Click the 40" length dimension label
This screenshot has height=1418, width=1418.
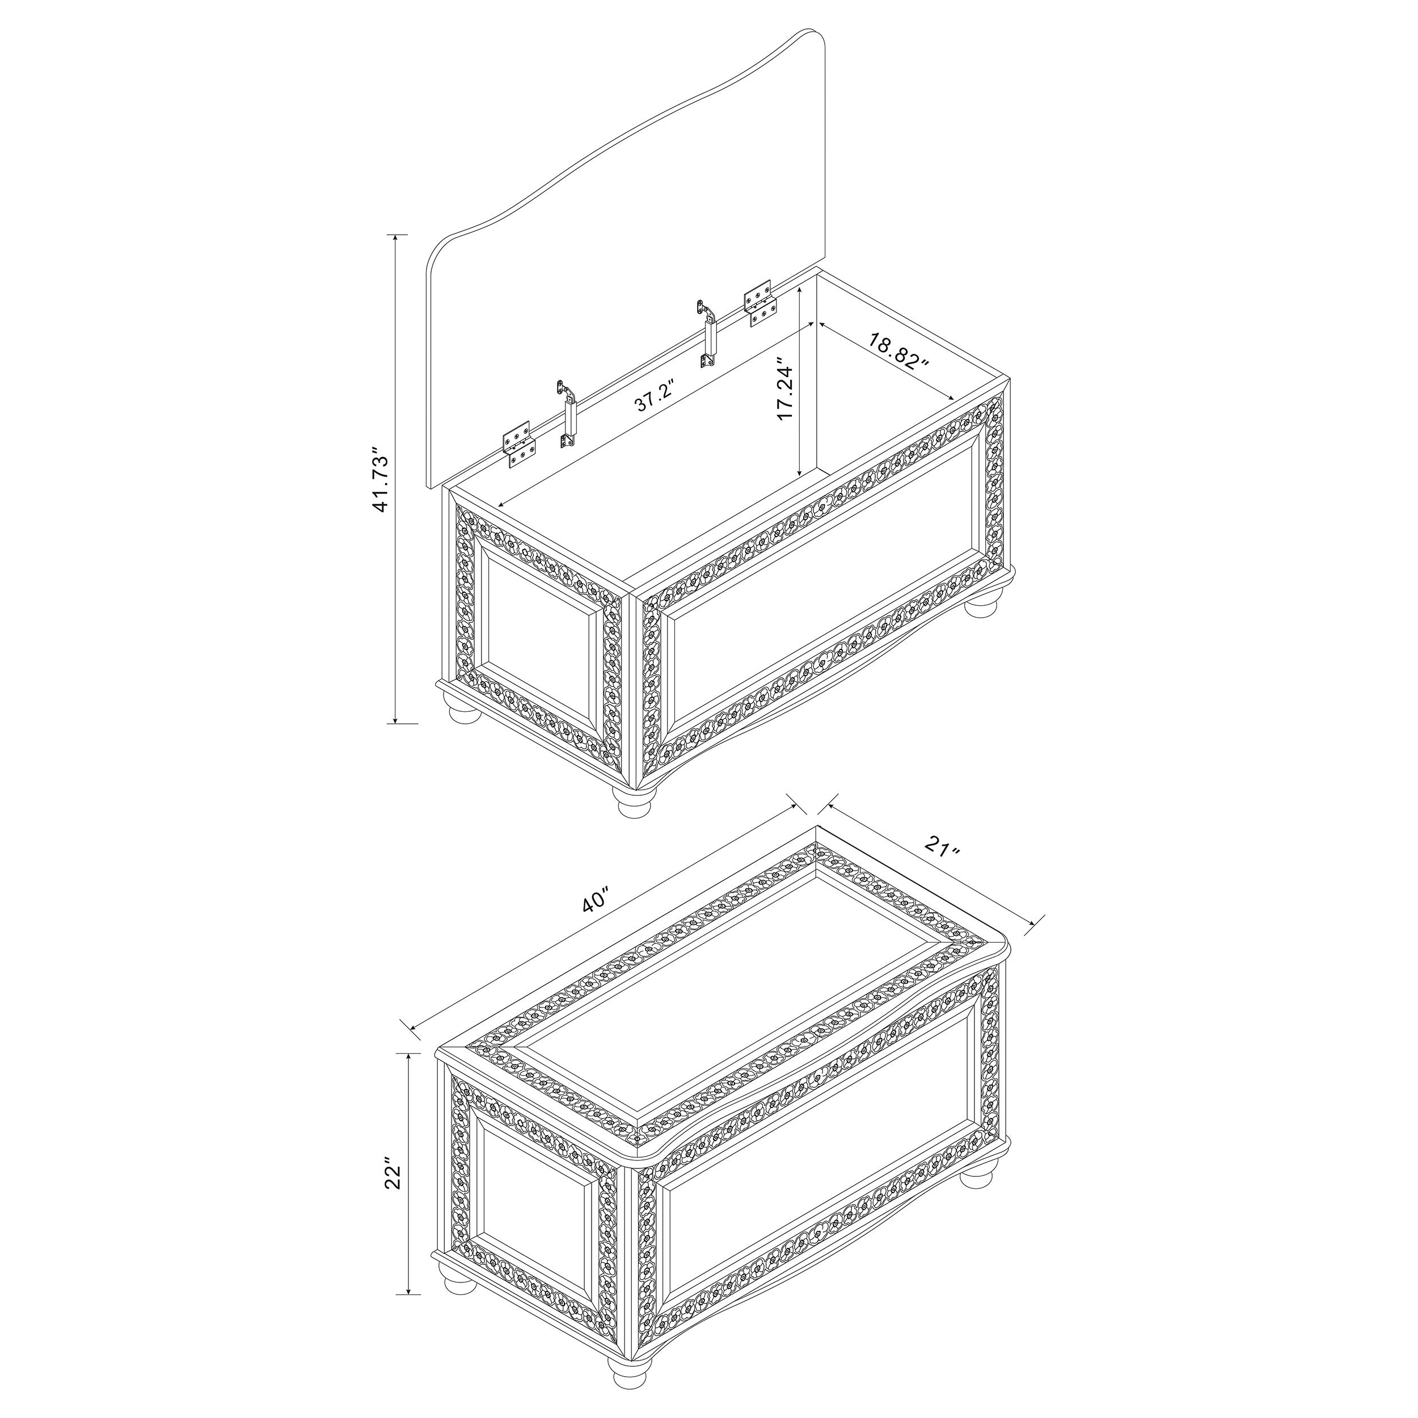596,901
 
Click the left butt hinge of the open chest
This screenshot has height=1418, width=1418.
520,444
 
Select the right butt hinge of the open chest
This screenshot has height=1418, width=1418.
759,302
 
